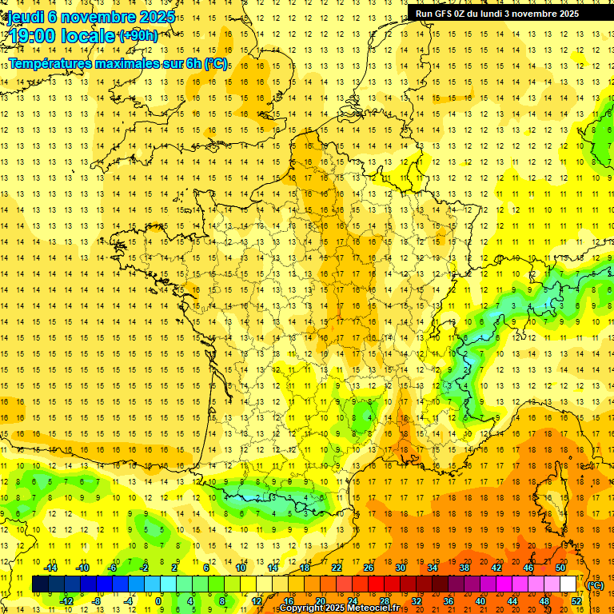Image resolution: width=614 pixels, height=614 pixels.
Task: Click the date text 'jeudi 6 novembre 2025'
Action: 90,17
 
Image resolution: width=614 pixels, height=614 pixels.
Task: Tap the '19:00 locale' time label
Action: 62,36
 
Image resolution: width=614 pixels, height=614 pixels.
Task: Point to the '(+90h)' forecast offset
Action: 138,35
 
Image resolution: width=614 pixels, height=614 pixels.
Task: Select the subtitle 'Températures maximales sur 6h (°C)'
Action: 118,63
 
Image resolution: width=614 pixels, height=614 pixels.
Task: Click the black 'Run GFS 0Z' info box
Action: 504,13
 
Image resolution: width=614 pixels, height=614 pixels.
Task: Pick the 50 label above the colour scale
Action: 560,568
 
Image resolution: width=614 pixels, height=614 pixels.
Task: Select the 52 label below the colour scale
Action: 576,600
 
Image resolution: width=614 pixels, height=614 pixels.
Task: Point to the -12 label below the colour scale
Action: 66,600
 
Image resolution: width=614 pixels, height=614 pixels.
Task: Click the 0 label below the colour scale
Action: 158,600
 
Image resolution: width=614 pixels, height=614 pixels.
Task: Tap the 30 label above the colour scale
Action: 401,568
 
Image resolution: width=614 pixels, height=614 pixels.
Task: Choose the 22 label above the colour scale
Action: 337,568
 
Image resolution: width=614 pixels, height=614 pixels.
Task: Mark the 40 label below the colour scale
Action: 480,600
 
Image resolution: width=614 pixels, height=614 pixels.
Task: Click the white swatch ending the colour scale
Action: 568,584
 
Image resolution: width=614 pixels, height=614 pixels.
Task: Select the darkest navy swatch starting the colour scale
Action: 40,584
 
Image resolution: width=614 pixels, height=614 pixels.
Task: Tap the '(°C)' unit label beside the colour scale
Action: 596,584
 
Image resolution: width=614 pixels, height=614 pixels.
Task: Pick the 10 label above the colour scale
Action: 241,568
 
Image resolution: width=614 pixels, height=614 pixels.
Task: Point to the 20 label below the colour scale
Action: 321,600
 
